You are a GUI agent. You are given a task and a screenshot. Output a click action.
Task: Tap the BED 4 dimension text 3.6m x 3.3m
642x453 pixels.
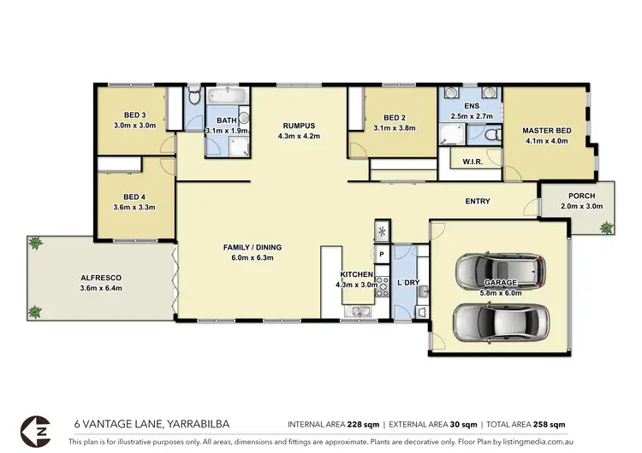pyautogui.click(x=132, y=207)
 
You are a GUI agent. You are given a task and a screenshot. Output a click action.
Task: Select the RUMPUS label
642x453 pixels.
pyautogui.click(x=299, y=125)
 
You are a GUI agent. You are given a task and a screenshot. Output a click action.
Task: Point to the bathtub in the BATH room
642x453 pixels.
pyautogui.click(x=226, y=95)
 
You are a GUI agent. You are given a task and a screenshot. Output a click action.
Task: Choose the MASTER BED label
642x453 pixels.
pyautogui.click(x=545, y=131)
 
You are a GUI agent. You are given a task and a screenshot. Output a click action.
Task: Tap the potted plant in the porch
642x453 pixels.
pyautogui.click(x=606, y=227)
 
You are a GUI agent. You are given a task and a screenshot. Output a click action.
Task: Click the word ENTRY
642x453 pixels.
pyautogui.click(x=478, y=202)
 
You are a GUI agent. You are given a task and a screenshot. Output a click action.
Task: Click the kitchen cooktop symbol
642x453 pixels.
pyautogui.click(x=382, y=231)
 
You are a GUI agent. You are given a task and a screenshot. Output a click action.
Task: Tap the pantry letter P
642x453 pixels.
pyautogui.click(x=382, y=255)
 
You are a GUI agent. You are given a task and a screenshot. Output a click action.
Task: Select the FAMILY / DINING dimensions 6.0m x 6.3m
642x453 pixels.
pyautogui.click(x=252, y=258)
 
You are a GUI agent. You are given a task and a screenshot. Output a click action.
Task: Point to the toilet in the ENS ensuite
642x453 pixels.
pyautogui.click(x=489, y=135)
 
